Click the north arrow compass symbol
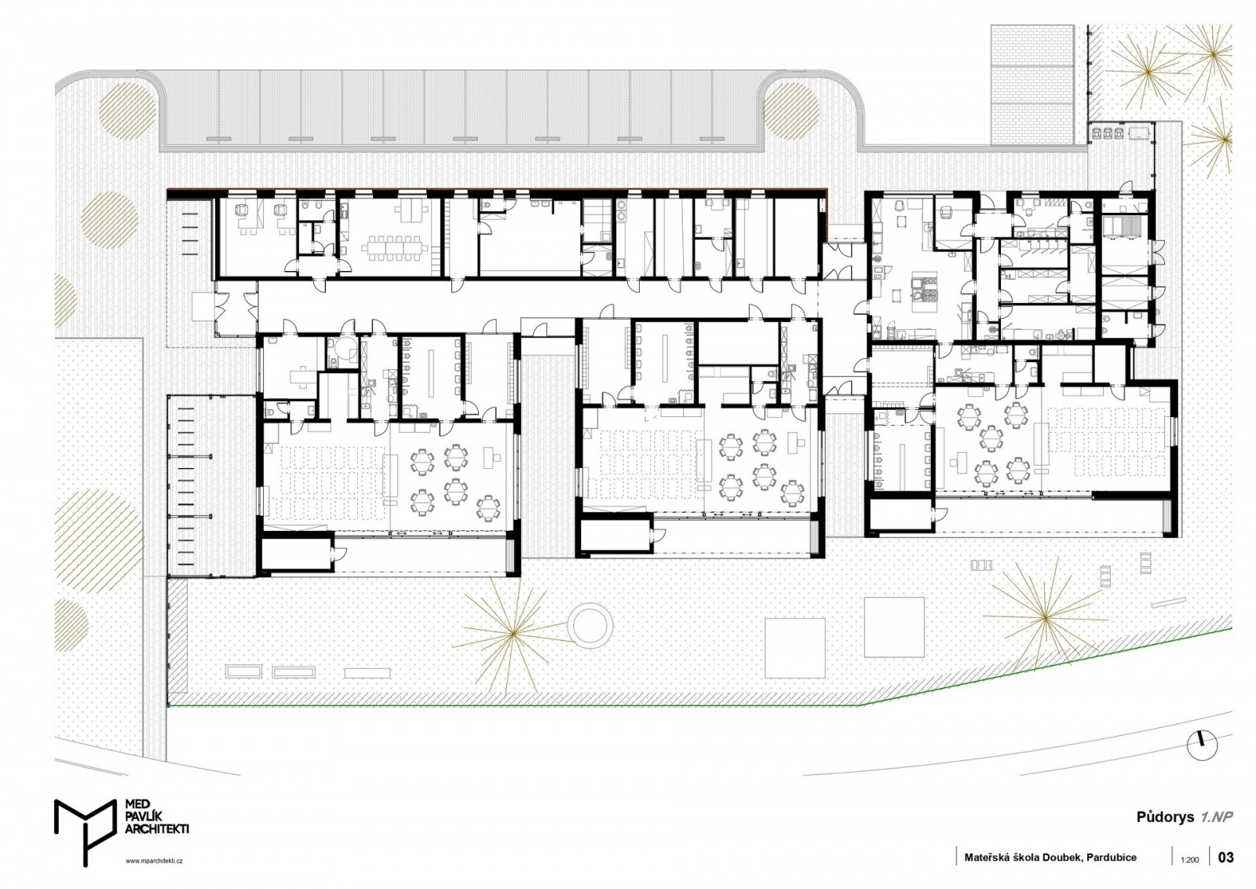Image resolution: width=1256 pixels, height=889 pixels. [x=1202, y=744]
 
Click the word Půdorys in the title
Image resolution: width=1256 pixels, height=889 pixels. [x=1165, y=817]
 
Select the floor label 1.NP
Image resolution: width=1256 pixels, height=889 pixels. [x=1217, y=816]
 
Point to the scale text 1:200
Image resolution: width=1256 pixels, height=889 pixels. [x=1189, y=860]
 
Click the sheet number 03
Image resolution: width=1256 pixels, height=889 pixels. [x=1225, y=857]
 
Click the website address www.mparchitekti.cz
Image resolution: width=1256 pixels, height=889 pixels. [x=154, y=861]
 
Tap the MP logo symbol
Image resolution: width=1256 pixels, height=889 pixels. [x=86, y=830]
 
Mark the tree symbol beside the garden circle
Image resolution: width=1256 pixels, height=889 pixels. [x=512, y=633]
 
